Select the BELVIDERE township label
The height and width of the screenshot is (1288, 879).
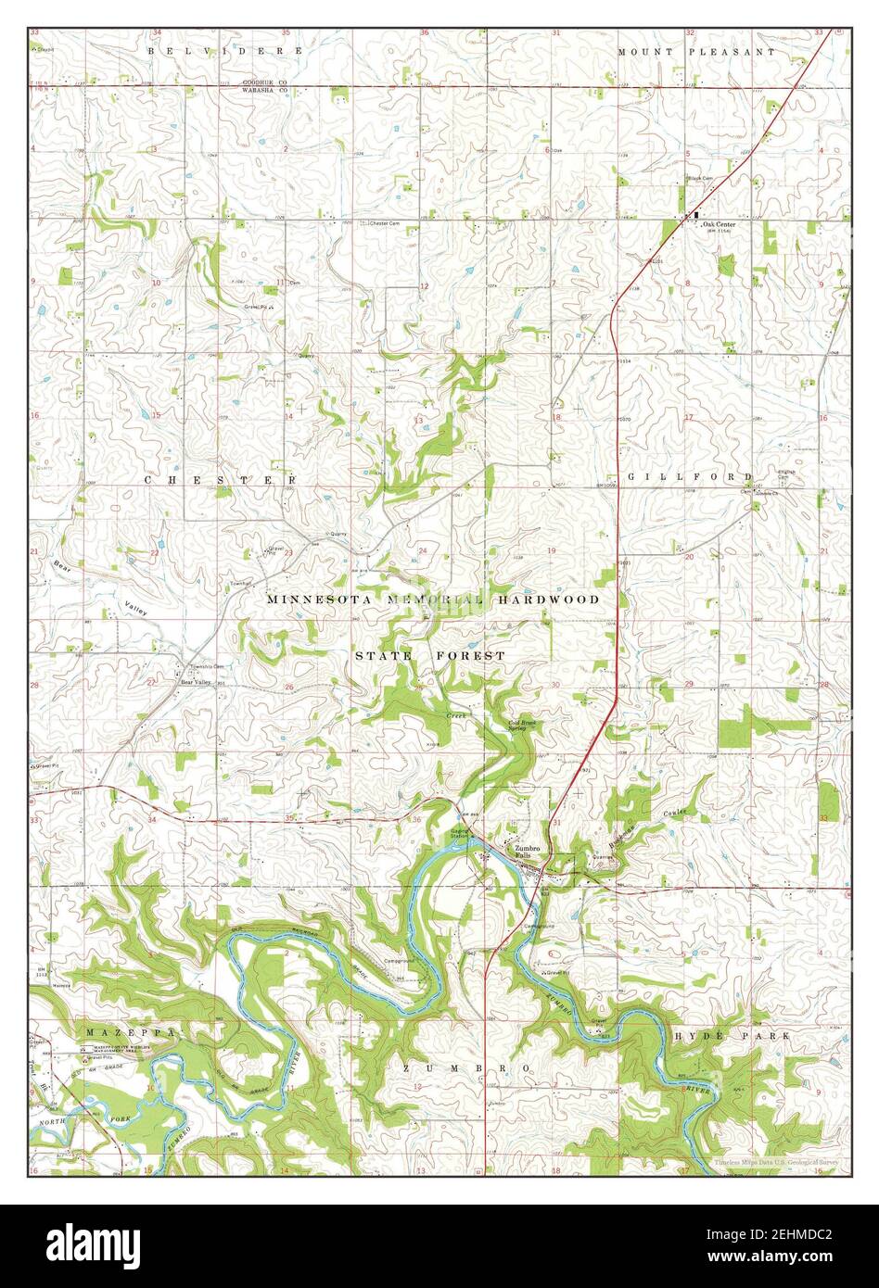(x=224, y=51)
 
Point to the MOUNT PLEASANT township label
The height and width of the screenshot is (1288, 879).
(x=696, y=52)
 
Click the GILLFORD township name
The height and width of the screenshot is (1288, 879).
(x=690, y=476)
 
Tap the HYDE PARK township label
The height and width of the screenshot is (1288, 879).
(x=732, y=1035)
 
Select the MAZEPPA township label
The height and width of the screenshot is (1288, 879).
(x=131, y=1031)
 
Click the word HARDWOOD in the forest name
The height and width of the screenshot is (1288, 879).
(x=546, y=600)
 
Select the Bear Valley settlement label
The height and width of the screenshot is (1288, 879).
(x=196, y=681)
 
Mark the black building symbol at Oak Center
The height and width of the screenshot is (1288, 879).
(x=696, y=216)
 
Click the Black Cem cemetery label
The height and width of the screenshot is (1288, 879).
(x=699, y=179)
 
